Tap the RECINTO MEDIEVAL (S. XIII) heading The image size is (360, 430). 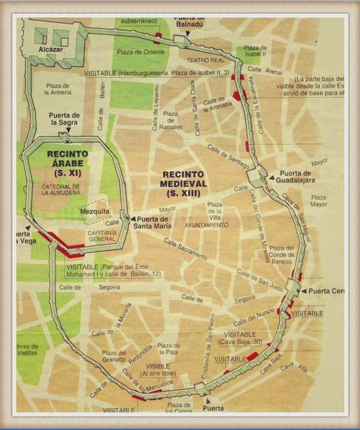click(183, 184)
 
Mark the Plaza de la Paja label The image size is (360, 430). click(169, 349)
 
